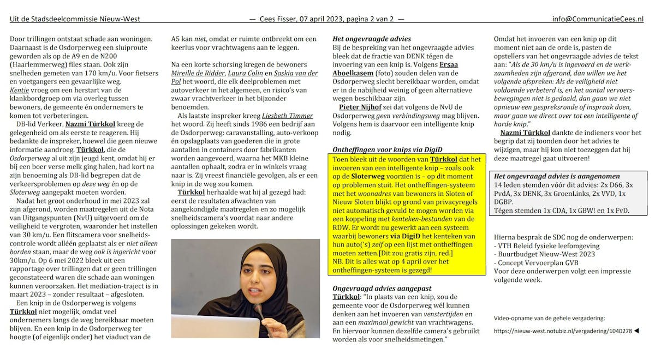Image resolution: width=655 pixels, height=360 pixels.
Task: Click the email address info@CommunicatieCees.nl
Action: point(598,19)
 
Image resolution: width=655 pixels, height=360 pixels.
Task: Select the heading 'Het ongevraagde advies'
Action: point(372,39)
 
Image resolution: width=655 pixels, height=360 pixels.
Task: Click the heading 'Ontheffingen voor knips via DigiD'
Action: point(387,149)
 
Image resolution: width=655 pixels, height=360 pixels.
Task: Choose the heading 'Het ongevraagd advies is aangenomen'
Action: point(556,176)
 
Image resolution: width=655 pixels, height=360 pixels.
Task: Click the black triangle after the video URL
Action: point(637,331)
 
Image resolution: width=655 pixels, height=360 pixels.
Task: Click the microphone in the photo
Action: point(261,313)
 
